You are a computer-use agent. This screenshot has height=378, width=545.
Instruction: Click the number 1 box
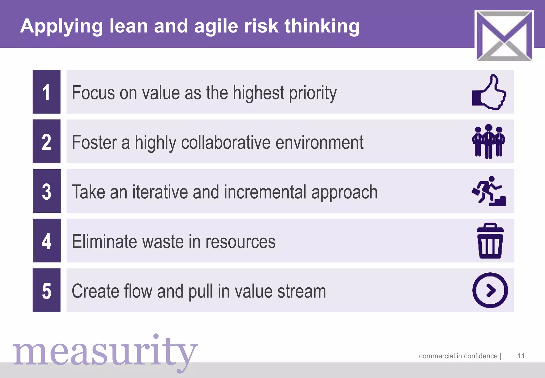(x=47, y=92)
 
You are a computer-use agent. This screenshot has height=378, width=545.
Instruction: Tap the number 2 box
(x=47, y=141)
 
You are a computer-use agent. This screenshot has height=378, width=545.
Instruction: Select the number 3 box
(x=47, y=191)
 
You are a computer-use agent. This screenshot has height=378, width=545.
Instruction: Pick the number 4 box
(x=47, y=240)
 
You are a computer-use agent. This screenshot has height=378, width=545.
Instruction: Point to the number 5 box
(x=47, y=290)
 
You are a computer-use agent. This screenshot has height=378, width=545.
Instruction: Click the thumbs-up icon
(x=489, y=92)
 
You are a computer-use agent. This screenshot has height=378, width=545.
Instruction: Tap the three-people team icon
(x=489, y=142)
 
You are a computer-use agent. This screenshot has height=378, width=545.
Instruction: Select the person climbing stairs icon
(x=489, y=191)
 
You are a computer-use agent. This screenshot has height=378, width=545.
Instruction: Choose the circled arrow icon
(x=490, y=290)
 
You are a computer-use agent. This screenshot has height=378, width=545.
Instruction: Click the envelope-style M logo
(x=504, y=35)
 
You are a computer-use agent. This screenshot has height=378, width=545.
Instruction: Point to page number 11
(x=521, y=356)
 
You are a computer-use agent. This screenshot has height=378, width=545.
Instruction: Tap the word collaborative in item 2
(x=226, y=143)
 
